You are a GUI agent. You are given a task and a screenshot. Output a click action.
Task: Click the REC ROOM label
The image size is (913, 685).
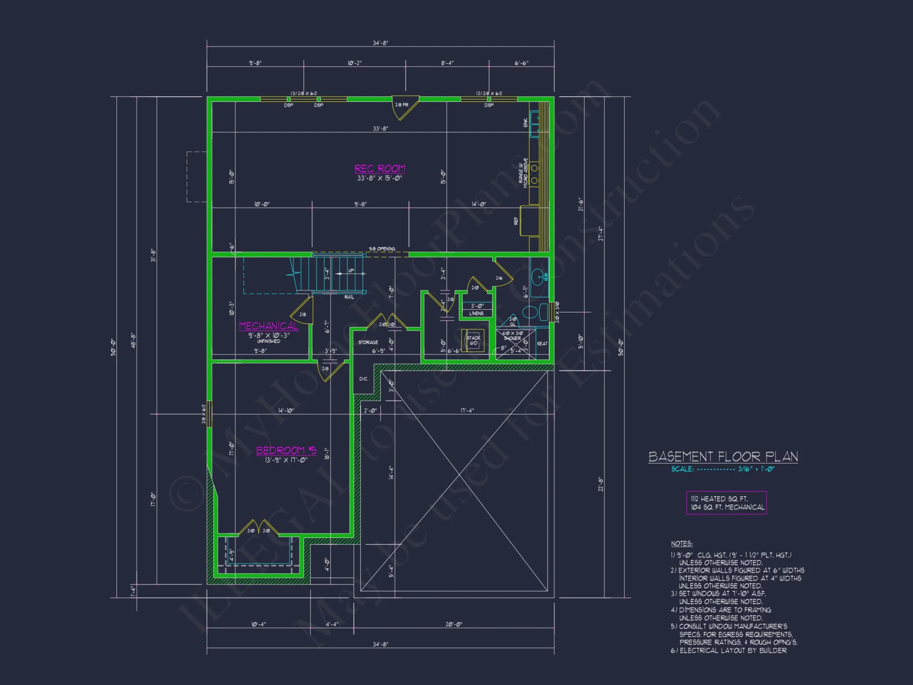380,169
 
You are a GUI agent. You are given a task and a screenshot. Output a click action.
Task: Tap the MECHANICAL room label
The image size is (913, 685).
268,326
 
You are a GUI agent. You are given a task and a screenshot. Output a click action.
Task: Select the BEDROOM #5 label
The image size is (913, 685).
286,450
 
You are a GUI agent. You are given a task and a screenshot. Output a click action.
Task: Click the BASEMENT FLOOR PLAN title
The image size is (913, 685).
723,457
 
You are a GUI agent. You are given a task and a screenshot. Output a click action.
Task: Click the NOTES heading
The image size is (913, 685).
682,543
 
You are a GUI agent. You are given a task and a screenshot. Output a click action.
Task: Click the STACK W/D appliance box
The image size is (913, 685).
473,341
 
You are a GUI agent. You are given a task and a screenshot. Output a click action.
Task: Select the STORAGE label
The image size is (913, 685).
368,342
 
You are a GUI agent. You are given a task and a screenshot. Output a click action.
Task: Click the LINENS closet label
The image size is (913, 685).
476,313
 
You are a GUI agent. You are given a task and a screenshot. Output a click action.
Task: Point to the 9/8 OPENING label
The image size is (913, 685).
382,249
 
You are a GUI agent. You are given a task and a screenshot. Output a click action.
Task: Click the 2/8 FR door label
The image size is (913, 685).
402,105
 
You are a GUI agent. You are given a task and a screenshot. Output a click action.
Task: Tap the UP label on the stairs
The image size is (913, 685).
351,270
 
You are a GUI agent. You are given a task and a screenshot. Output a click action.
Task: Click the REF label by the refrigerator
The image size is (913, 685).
516,221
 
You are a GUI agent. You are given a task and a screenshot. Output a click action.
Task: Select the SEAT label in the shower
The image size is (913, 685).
542,343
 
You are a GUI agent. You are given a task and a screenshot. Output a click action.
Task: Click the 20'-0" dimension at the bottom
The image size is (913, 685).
454,624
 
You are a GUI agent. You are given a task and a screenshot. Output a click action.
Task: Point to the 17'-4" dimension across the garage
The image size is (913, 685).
467,411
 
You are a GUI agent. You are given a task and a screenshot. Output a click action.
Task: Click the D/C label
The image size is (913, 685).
363,379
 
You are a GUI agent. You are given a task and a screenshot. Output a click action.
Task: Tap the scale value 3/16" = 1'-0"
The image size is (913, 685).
756,469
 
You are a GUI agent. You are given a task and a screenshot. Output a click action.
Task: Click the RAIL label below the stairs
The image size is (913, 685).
349,297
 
